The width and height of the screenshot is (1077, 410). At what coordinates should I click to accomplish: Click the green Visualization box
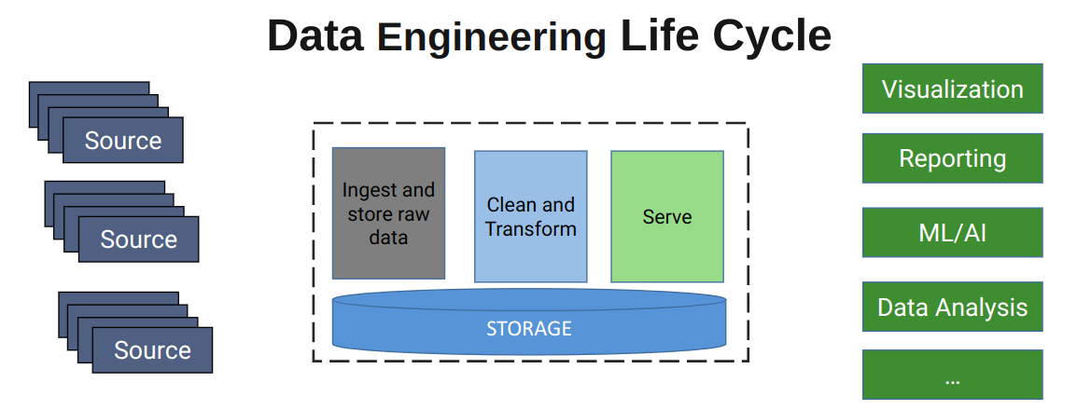click(x=952, y=89)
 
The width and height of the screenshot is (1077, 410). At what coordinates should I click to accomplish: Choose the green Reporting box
click(x=952, y=158)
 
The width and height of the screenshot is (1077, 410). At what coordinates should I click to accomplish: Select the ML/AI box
click(x=952, y=232)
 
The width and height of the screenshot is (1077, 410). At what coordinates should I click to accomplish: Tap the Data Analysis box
click(x=952, y=307)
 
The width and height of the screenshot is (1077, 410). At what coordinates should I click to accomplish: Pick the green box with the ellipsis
click(x=952, y=376)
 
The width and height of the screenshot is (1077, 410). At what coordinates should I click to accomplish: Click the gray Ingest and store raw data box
click(x=388, y=213)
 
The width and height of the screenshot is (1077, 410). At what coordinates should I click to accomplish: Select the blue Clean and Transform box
click(x=530, y=216)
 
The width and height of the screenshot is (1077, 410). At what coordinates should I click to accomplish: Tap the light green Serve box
click(x=666, y=217)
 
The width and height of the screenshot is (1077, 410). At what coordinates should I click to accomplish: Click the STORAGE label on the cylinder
click(x=528, y=329)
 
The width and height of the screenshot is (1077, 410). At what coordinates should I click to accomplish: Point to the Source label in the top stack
click(x=123, y=141)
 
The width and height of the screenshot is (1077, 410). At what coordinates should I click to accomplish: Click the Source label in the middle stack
click(x=138, y=239)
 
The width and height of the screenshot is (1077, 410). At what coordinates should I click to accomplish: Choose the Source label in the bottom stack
click(x=152, y=350)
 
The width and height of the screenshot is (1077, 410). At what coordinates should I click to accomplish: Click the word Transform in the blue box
click(x=530, y=229)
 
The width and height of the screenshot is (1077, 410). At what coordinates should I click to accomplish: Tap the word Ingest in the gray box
click(x=365, y=190)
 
